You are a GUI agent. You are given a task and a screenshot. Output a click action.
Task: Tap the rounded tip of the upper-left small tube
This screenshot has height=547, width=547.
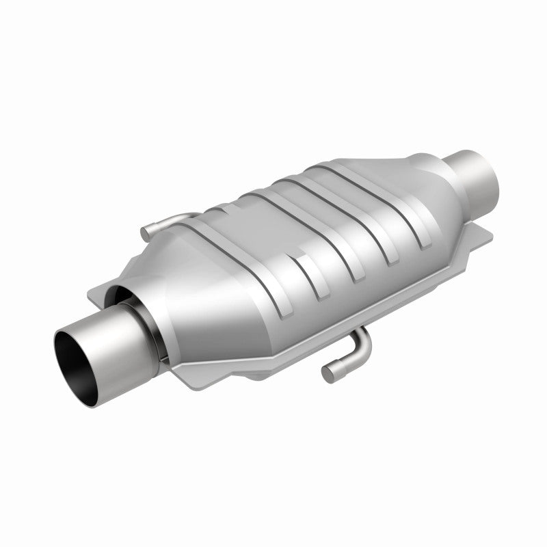click(146, 233)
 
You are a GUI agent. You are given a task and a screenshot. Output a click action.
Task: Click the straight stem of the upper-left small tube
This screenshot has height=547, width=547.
click(164, 222)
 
